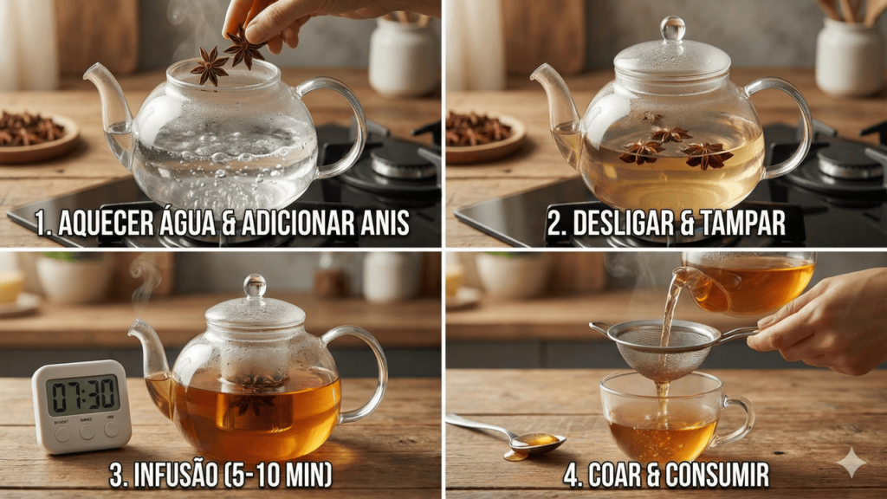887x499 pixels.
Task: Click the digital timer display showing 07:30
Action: [82, 394]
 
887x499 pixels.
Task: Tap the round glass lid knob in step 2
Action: [672, 29]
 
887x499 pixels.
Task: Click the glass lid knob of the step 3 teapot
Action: [255, 286]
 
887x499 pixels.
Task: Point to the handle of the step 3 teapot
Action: [365, 373]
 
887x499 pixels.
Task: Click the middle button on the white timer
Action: [87, 431]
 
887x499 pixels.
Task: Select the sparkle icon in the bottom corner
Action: [851, 463]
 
